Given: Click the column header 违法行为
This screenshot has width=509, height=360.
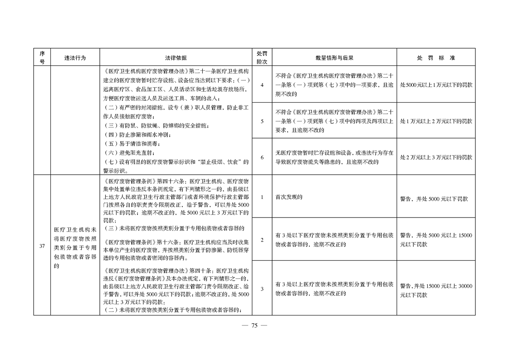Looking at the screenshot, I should click(75, 58).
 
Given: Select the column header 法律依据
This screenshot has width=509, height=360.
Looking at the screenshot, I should click(176, 58).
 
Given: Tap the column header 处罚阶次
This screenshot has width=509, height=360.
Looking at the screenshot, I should click(262, 58).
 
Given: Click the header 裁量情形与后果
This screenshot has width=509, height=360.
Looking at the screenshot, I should click(334, 58).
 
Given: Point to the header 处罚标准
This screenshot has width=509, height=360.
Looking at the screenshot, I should click(436, 58).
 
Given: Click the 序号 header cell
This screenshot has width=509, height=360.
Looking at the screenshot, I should click(42, 58).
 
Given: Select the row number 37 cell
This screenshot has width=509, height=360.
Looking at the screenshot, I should click(42, 246).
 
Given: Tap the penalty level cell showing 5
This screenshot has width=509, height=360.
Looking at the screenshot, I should click(262, 121).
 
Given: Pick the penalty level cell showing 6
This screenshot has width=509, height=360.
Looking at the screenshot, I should click(262, 157).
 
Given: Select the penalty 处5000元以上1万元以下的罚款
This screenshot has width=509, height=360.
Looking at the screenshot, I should click(436, 85).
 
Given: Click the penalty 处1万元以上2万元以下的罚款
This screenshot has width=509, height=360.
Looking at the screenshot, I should click(436, 121).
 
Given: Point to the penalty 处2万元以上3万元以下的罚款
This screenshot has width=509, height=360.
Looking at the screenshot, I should click(436, 157).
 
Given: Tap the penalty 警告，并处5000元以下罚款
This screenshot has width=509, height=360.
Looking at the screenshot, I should click(434, 198).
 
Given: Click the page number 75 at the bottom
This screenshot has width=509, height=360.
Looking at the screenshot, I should click(254, 325).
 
